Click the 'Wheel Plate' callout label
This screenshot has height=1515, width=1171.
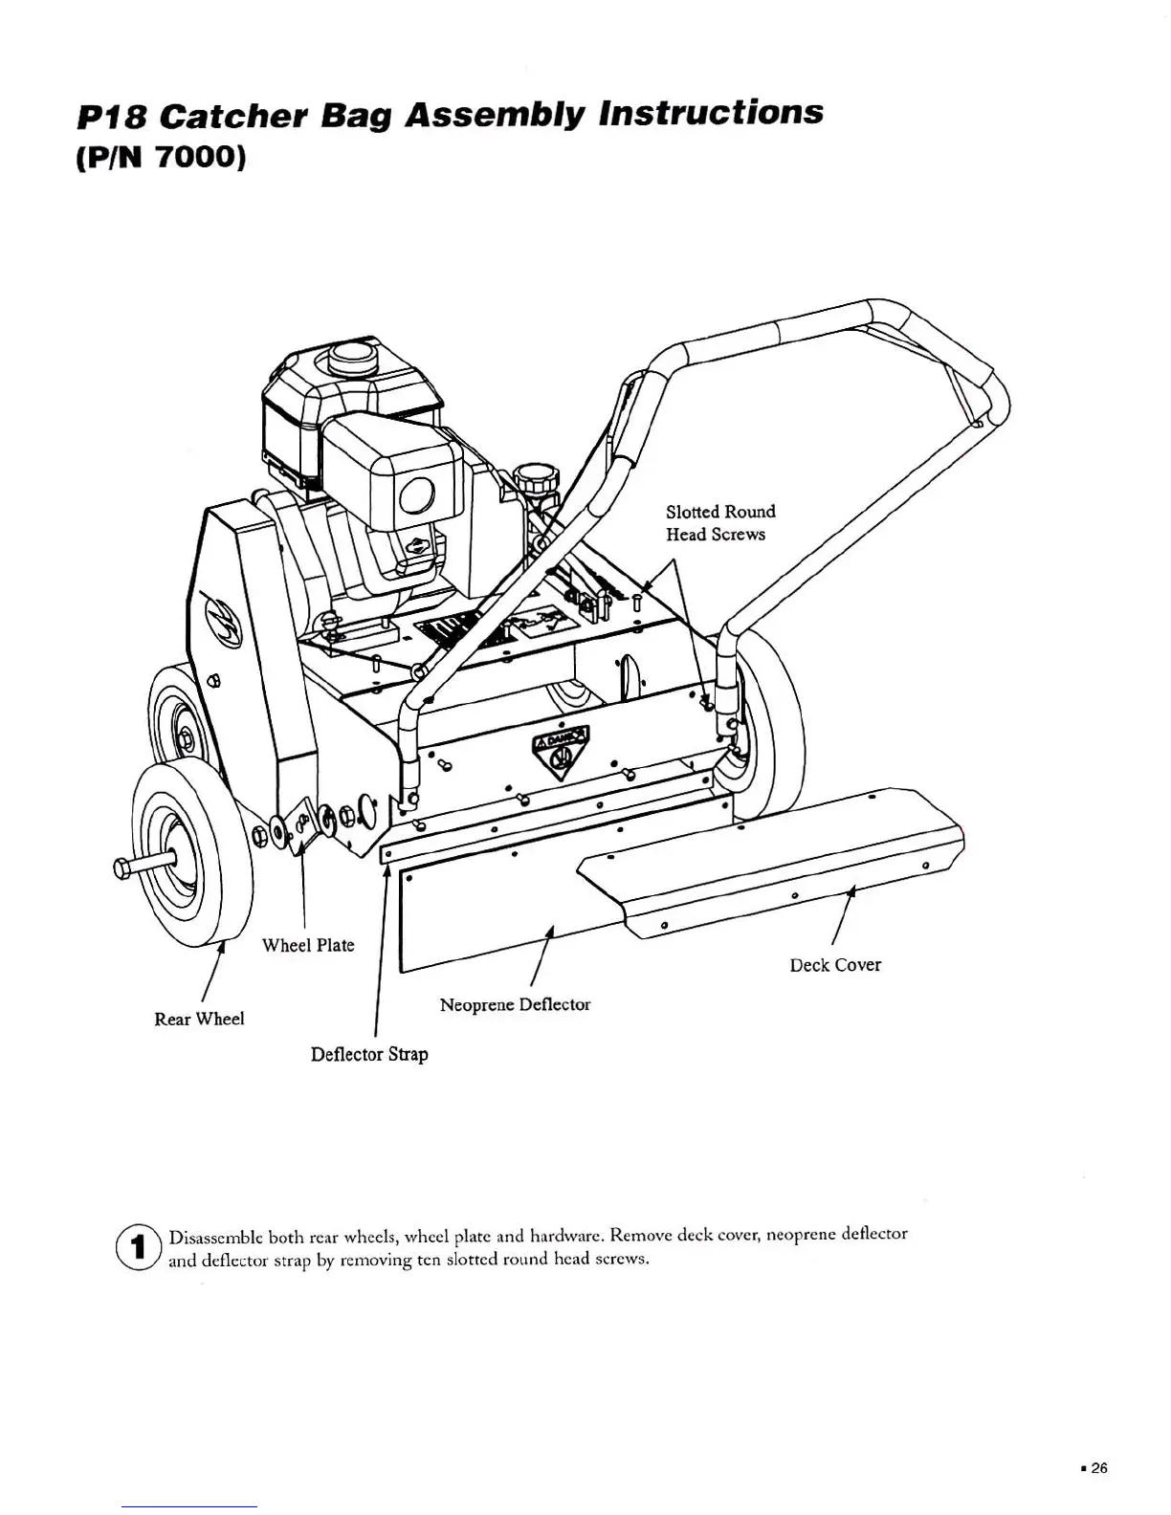pos(308,945)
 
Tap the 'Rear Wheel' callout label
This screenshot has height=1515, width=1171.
pos(199,1019)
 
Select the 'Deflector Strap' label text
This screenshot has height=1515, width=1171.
pos(369,1054)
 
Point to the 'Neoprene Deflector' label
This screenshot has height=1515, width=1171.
pos(515,1004)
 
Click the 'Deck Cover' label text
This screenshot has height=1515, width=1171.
pos(835,965)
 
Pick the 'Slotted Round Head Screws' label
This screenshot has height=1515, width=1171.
pos(720,523)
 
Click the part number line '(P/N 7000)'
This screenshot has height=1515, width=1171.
pos(161,157)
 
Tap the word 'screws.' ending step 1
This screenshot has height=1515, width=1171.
pos(622,1259)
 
